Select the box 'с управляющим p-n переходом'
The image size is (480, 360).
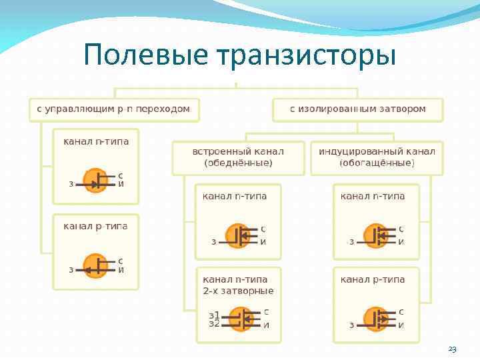click(x=113, y=109)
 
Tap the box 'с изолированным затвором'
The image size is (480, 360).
click(x=357, y=109)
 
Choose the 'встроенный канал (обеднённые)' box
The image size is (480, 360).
click(x=238, y=157)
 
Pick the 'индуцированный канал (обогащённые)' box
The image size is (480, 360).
click(x=377, y=157)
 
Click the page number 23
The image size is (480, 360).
click(x=452, y=349)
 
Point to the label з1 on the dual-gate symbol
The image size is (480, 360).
click(x=214, y=315)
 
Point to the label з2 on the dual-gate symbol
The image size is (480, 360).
click(x=214, y=323)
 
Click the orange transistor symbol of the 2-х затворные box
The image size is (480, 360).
click(x=240, y=319)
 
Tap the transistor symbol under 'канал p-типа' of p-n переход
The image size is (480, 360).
click(x=97, y=265)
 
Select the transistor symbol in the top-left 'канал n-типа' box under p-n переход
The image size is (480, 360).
click(x=97, y=180)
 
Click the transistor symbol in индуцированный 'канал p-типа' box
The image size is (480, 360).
click(x=377, y=319)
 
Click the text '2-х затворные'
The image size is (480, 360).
click(x=238, y=291)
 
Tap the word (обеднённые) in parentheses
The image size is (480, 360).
click(x=238, y=163)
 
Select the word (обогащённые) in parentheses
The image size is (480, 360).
click(x=377, y=163)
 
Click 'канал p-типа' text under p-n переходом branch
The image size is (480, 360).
click(x=95, y=226)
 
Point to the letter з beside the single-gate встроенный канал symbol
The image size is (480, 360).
click(x=213, y=241)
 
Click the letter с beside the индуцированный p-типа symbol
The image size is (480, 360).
click(x=401, y=312)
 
